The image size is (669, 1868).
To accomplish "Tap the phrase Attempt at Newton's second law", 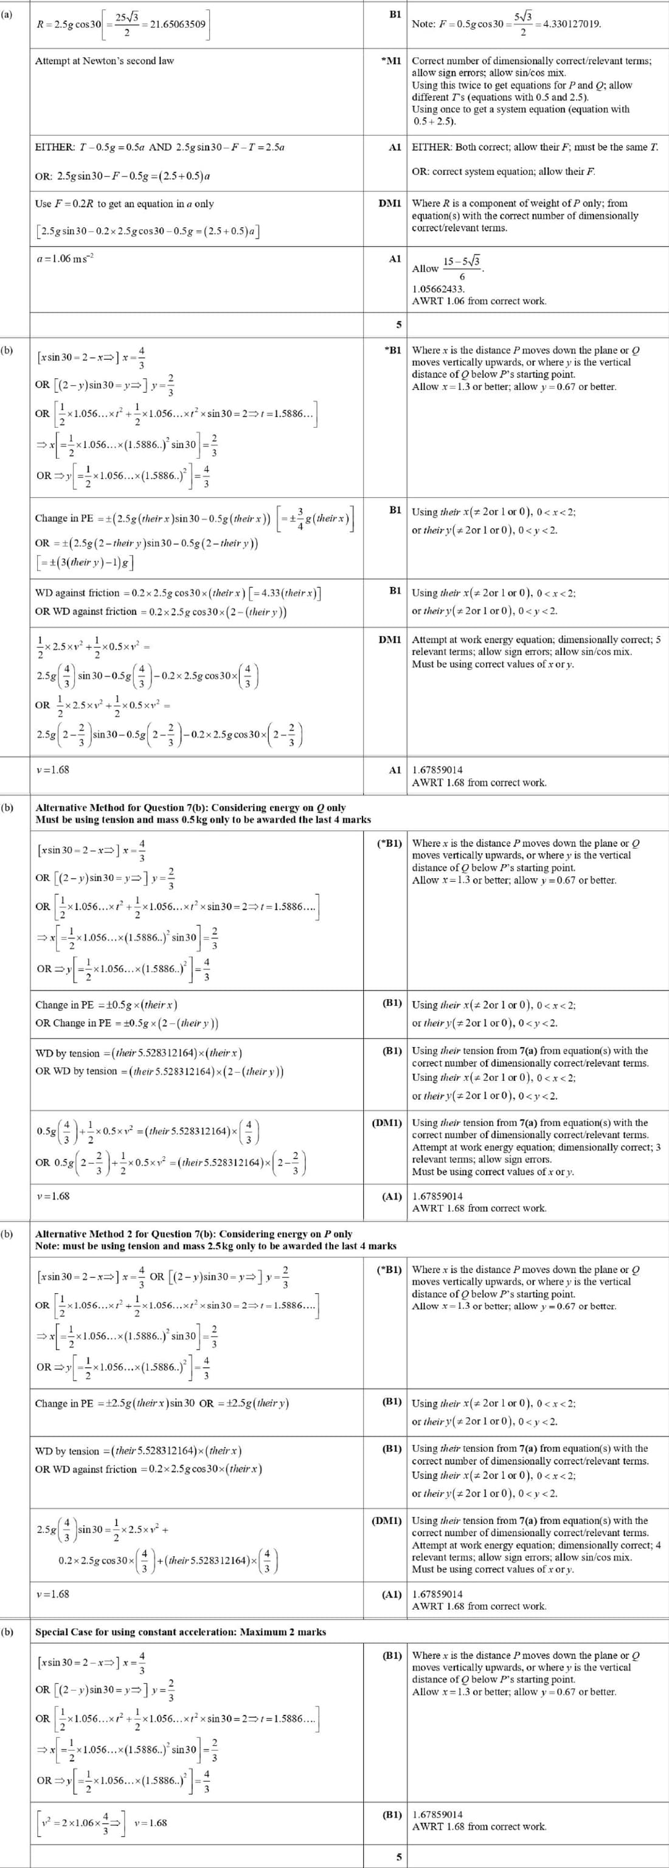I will click(105, 61).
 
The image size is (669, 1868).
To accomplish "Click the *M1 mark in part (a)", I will click(391, 60).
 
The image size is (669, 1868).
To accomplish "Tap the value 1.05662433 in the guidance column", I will click(438, 289).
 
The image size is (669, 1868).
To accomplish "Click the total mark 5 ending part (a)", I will click(398, 324).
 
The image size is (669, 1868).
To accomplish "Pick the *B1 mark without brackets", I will click(392, 350).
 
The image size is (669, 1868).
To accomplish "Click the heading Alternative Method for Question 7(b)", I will click(190, 807).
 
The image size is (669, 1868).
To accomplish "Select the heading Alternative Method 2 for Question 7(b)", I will click(194, 1234).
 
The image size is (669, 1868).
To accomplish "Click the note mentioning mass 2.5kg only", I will click(215, 1246).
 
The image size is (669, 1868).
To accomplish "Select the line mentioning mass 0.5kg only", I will click(203, 819).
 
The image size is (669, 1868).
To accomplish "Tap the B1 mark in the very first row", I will click(395, 14).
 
